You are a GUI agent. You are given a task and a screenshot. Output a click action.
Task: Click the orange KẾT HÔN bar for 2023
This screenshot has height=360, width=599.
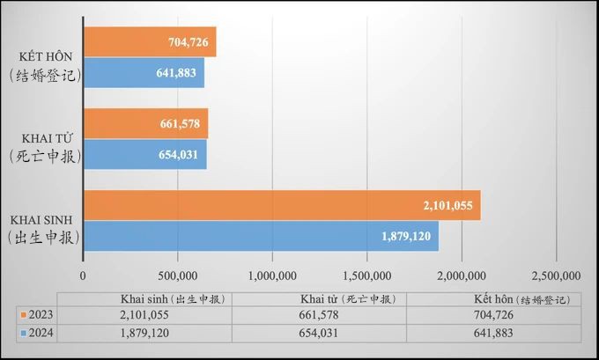(x=150, y=41)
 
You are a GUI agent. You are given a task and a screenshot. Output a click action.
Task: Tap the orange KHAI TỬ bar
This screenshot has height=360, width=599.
(x=145, y=123)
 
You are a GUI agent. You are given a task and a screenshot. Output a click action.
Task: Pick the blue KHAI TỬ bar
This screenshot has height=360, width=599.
(x=144, y=154)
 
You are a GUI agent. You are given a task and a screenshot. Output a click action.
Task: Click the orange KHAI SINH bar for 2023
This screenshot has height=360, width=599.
(x=282, y=205)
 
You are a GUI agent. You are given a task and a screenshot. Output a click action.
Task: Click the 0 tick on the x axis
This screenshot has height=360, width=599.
(x=83, y=276)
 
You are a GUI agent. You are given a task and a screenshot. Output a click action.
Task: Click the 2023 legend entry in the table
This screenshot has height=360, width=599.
(x=35, y=314)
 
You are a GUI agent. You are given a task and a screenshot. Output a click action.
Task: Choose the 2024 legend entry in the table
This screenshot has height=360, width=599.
(x=35, y=334)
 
